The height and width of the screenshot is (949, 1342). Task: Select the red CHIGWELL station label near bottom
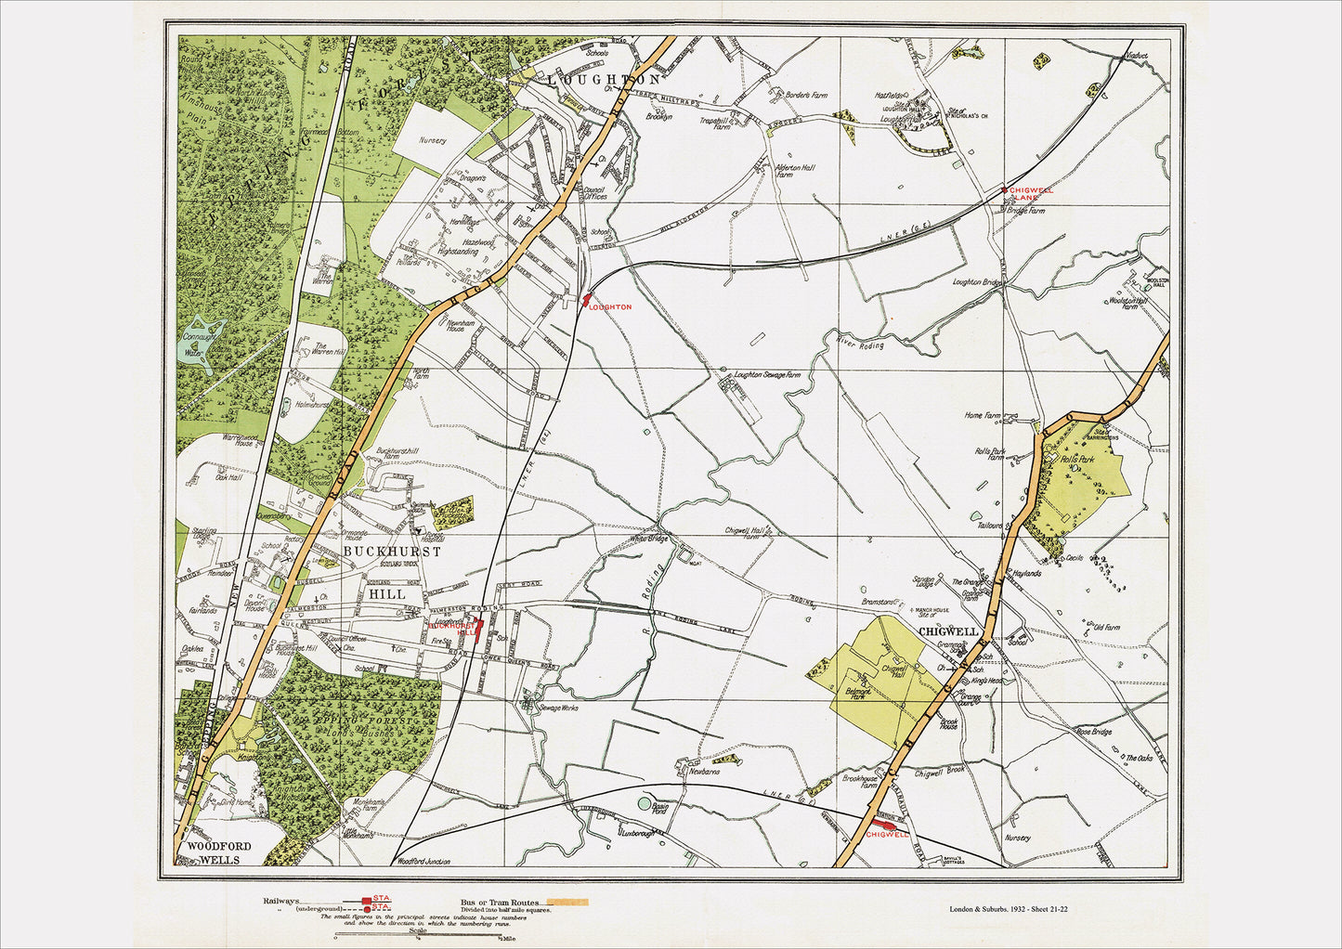[886, 834]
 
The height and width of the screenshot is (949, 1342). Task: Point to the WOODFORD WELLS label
[214, 852]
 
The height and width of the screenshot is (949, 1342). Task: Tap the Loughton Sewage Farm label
[766, 375]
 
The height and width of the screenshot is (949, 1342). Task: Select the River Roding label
[859, 345]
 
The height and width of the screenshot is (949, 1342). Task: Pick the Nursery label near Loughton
[433, 141]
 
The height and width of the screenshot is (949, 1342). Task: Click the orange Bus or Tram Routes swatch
[567, 902]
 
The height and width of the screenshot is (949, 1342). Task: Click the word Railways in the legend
[281, 901]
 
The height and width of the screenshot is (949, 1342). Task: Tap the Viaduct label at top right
[1135, 56]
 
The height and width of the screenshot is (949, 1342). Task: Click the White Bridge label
[648, 539]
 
